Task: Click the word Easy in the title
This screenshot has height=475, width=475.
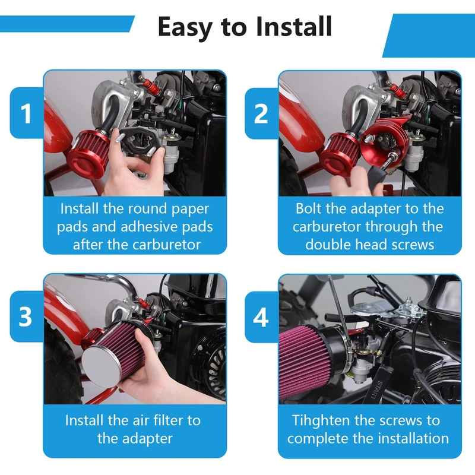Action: click(x=186, y=27)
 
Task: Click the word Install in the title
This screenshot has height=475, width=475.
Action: click(x=293, y=26)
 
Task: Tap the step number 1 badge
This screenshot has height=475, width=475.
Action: click(x=26, y=113)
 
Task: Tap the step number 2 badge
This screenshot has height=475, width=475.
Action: click(x=261, y=113)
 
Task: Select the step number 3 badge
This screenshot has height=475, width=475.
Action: click(x=26, y=316)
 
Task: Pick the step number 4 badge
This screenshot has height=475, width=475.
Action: click(x=261, y=317)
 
